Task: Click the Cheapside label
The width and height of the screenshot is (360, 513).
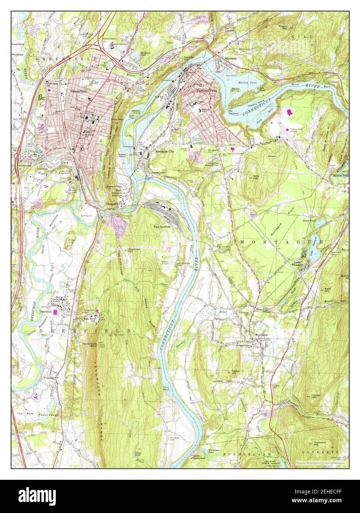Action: click(112, 204)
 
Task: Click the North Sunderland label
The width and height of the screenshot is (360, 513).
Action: click(198, 458)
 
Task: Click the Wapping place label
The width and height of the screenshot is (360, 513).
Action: click(50, 378)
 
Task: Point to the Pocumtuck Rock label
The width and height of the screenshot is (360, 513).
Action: click(89, 344)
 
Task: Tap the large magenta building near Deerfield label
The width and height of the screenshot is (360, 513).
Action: click(56, 312)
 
